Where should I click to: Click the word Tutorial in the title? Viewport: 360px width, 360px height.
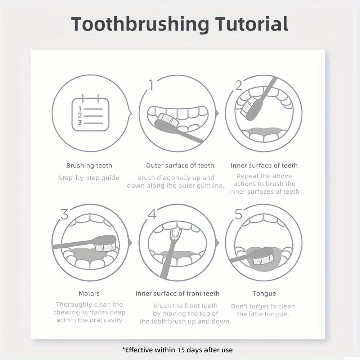point(251,24)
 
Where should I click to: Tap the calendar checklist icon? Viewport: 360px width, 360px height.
point(90,113)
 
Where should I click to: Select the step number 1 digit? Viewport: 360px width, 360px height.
point(151,85)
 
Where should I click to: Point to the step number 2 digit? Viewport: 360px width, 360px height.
point(239,85)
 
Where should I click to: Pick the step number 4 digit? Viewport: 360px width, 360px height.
point(152,214)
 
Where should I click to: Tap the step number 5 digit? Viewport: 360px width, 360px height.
point(238,214)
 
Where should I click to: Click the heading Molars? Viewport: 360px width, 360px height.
point(89,293)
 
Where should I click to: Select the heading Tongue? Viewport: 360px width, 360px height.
point(264,294)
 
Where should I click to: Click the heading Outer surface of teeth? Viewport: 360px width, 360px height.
point(180,166)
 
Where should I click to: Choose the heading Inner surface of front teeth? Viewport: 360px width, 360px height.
point(177,293)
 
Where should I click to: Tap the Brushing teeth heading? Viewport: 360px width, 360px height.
point(89,166)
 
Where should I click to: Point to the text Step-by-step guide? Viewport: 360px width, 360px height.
point(89,178)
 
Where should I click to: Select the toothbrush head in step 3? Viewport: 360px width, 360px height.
point(105,243)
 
